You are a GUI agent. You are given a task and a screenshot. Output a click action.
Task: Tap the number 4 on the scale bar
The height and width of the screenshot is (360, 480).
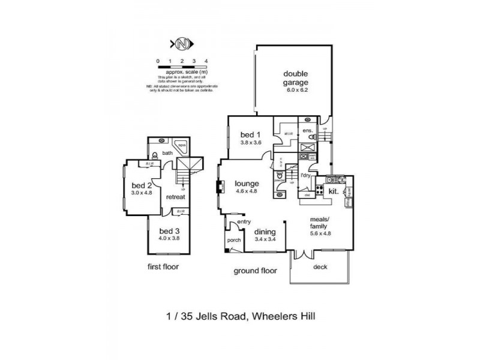[x=206, y=61]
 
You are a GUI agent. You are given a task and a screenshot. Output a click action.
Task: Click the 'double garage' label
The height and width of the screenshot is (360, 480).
[x=296, y=79]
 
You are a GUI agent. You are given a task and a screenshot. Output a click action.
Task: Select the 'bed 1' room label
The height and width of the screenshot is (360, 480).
[x=249, y=135]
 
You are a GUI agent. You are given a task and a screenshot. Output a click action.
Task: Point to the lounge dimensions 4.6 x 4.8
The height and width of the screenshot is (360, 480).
[x=247, y=191]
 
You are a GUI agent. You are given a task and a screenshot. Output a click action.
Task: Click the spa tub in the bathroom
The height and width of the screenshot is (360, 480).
[x=179, y=145]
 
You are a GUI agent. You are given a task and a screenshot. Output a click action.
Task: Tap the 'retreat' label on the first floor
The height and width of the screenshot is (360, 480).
[x=176, y=197]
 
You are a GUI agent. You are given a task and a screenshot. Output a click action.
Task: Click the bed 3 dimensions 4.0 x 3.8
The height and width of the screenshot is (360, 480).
[x=169, y=238]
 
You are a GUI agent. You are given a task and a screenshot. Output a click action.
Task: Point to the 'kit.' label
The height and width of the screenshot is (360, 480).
[x=333, y=191]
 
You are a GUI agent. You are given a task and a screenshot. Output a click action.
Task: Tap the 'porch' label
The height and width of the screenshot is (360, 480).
[x=233, y=241]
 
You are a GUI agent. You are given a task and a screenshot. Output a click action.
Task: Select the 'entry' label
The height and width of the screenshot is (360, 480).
[x=244, y=223]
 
